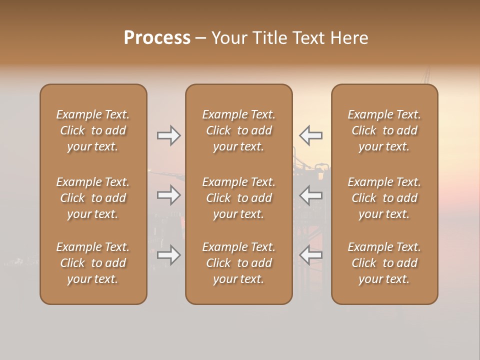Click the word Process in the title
[157, 38]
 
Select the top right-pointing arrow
[169, 135]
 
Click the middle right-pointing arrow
[169, 195]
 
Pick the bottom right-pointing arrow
[169, 255]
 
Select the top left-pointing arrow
[311, 135]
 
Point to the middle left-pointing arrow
[311, 195]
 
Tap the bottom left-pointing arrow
[311, 255]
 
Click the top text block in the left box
[93, 130]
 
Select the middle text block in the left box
[93, 198]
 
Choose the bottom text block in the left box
[93, 263]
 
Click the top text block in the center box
[239, 130]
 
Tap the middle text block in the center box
[239, 198]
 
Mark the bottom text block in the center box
[239, 263]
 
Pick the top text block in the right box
[384, 130]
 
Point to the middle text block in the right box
[384, 198]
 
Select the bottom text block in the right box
[384, 263]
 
